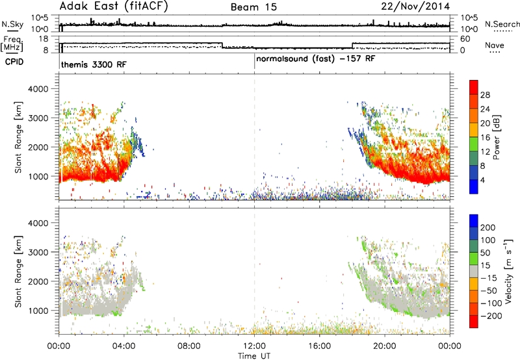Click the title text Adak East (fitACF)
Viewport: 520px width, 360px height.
pyautogui.click(x=114, y=6)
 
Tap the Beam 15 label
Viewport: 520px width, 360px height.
pyautogui.click(x=253, y=7)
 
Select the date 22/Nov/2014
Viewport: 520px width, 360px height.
pyautogui.click(x=415, y=6)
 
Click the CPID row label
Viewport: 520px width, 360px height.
pyautogui.click(x=14, y=62)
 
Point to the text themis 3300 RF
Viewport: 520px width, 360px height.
pyautogui.click(x=94, y=64)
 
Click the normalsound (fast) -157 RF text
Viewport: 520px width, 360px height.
pyautogui.click(x=315, y=59)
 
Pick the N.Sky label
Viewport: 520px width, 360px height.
pyautogui.click(x=12, y=24)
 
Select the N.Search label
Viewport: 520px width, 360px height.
pyautogui.click(x=502, y=24)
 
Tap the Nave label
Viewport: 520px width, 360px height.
pyautogui.click(x=495, y=45)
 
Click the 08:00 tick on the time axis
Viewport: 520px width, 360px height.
pyautogui.click(x=189, y=346)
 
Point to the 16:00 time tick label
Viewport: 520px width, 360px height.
pyautogui.click(x=319, y=346)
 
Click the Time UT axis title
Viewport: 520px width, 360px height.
pyautogui.click(x=254, y=356)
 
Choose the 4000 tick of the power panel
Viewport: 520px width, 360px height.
pyautogui.click(x=38, y=89)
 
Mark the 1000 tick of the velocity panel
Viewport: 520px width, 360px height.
pyautogui.click(x=38, y=311)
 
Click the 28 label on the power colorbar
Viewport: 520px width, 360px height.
pyautogui.click(x=485, y=95)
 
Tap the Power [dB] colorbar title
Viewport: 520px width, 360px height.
pyautogui.click(x=496, y=137)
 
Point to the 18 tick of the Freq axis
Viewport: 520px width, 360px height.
pyautogui.click(x=44, y=39)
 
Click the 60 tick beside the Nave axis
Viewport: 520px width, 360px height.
pyautogui.click(x=465, y=39)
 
